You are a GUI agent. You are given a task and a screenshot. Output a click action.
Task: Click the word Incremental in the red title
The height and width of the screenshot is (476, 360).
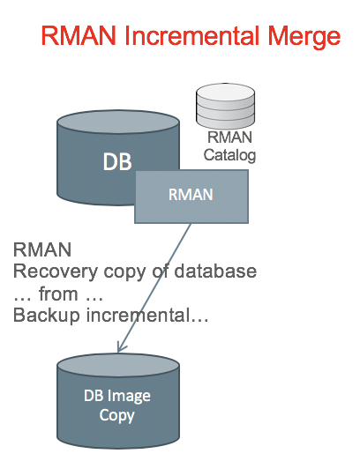pos(193,35)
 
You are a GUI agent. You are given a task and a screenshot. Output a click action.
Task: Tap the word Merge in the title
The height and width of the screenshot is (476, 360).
pos(304,38)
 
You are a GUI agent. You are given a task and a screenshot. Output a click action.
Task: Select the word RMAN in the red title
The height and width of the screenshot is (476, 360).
pos(79,35)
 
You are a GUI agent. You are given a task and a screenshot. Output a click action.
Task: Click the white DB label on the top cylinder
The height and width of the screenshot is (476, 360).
pos(117,161)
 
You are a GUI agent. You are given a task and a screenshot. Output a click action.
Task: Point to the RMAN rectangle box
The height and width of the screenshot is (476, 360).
pos(191,197)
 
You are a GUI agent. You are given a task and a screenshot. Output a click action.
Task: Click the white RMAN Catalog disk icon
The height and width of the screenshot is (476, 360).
pos(225,106)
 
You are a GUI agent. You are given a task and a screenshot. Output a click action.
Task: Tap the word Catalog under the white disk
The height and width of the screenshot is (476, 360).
pos(229,155)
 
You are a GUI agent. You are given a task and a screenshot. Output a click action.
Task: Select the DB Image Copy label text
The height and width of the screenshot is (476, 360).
pos(117,405)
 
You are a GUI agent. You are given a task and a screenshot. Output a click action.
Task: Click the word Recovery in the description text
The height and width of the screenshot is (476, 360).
pos(56,271)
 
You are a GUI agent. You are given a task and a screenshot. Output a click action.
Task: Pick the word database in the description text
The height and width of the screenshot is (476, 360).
pos(215,271)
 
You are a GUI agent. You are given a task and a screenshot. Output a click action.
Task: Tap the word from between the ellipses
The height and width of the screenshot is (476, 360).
pos(58,294)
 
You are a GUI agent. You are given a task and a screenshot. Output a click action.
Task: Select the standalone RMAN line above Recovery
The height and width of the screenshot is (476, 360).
pos(42,249)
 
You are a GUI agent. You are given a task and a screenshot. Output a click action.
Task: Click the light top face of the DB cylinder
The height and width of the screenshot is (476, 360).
pos(118,122)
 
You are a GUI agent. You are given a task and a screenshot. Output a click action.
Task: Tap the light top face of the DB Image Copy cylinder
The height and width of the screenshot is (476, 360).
pos(118,365)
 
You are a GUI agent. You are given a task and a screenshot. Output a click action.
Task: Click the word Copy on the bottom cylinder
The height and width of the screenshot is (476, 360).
pos(117,415)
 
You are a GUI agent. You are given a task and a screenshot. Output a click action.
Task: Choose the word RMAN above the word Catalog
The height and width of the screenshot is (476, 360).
pos(229,138)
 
